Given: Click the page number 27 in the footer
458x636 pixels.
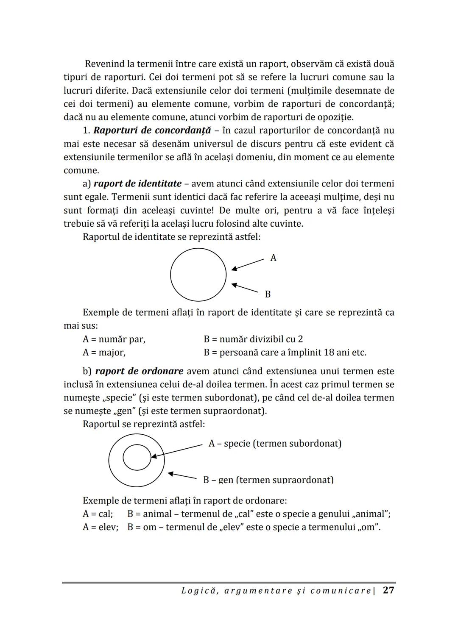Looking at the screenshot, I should tap(388, 590).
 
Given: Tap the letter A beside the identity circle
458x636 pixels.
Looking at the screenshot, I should tap(273, 258).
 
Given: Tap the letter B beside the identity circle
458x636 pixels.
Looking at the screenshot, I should tap(268, 294).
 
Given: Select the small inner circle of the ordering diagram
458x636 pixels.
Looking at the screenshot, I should tap(137, 457).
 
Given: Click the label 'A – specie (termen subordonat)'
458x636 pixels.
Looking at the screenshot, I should tap(275, 443).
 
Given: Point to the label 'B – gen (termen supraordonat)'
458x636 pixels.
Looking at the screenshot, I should tap(268, 480).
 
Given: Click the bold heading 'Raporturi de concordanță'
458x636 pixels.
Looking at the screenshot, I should tap(152, 130).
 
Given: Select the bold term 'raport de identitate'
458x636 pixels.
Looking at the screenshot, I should tap(137, 183).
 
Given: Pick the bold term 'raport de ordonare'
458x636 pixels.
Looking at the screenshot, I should tap(139, 371).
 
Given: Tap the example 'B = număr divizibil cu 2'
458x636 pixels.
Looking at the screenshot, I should tap(253, 339).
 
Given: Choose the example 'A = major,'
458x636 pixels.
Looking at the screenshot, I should tap(104, 352).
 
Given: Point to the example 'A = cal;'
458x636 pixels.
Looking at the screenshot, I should tap(98, 514).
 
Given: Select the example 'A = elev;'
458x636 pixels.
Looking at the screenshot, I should tap(100, 527).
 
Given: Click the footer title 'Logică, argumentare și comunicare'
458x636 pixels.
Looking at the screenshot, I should tap(276, 591).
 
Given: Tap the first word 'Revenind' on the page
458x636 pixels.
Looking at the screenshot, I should tap(104, 64).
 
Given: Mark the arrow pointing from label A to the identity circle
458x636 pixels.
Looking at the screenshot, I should tap(248, 264).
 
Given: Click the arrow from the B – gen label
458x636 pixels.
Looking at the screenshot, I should tap(182, 475).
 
